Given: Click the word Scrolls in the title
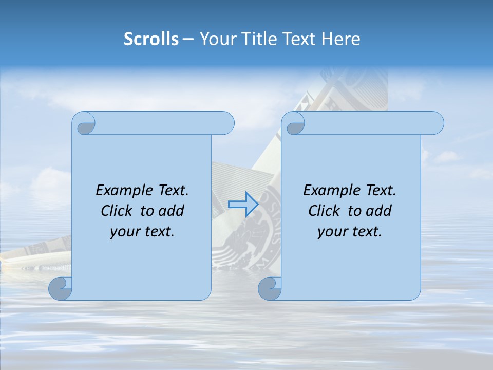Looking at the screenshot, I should point(151,39).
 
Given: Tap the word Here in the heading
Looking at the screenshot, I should point(341,39).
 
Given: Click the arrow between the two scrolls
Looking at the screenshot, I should point(243,204).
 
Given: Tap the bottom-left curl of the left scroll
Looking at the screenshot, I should point(60,289).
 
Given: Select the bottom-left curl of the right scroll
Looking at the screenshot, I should point(270,289).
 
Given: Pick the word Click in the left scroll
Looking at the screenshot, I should point(117,211).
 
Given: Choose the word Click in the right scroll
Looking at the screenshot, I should point(324,211).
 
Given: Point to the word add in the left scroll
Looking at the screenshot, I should point(172,211).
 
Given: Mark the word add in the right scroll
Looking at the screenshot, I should point(379,211).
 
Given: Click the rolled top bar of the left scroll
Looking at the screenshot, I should point(164,123).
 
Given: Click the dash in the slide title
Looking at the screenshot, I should point(188,39).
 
